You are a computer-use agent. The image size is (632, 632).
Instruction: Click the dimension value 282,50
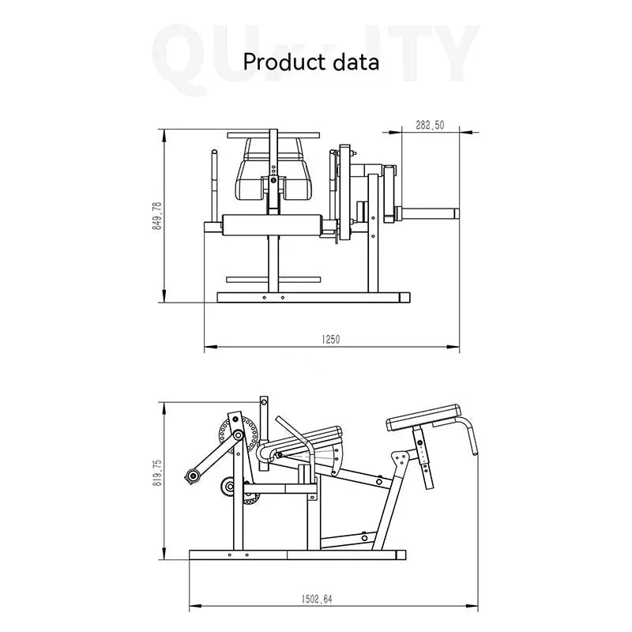point(430,125)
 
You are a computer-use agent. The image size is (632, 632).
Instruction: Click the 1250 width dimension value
point(330,340)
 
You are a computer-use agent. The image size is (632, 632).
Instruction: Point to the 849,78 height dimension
point(157,216)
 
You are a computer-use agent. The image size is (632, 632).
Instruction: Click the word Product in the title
point(279,61)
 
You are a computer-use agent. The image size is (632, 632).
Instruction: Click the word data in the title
point(353,61)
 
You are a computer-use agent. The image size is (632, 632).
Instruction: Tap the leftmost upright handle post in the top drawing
point(213,185)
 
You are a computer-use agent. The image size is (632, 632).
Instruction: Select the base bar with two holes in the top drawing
point(313,298)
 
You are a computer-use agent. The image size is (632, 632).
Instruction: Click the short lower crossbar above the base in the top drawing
point(273,278)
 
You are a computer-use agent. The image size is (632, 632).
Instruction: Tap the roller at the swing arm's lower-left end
point(191,475)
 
